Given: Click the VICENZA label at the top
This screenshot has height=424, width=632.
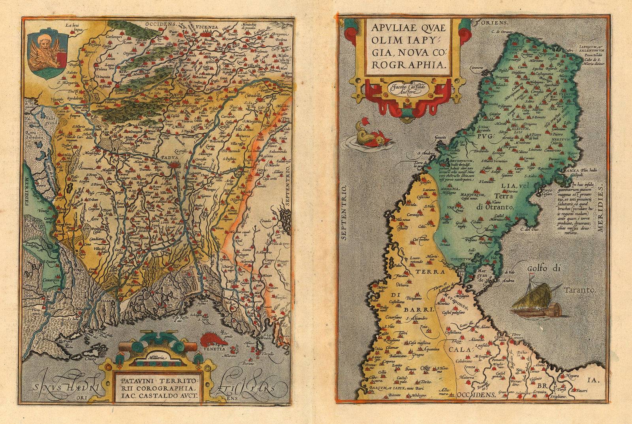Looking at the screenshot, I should click(205, 27).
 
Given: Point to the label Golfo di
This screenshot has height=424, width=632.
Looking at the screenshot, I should click(544, 269).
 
